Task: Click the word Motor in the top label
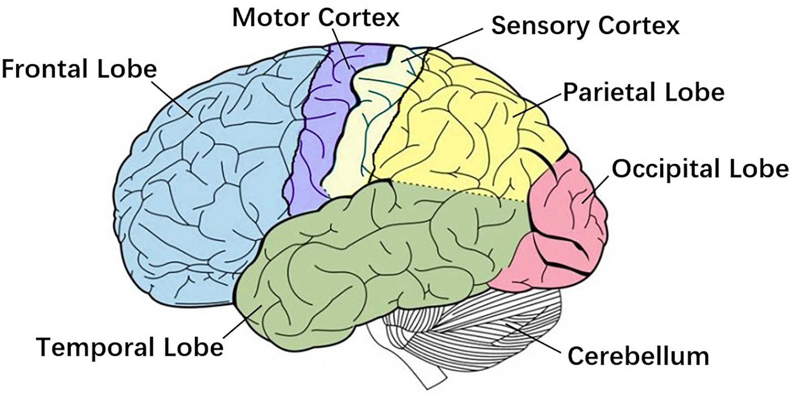click(272, 18)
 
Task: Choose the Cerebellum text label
click(638, 356)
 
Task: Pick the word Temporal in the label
click(96, 347)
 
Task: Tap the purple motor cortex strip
click(322, 134)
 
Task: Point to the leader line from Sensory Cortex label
click(444, 44)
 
